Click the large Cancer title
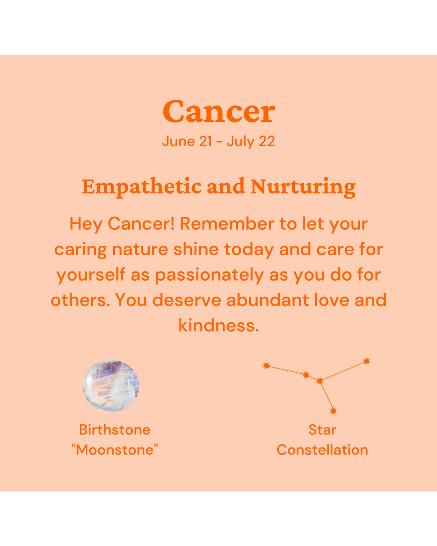[x=218, y=111]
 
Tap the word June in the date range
[x=178, y=142]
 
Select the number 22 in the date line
[x=267, y=141]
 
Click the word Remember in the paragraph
[x=227, y=224]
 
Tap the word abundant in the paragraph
[x=267, y=300]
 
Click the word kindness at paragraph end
[x=218, y=325]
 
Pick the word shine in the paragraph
[x=196, y=249]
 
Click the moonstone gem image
[x=111, y=386]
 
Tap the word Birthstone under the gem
[x=115, y=430]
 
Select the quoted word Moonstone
[x=115, y=450]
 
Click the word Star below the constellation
[x=322, y=430]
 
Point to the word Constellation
[x=322, y=450]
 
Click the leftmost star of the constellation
[x=266, y=366]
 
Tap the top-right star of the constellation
[x=367, y=361]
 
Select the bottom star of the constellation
[x=333, y=411]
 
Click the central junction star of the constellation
[x=320, y=381]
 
